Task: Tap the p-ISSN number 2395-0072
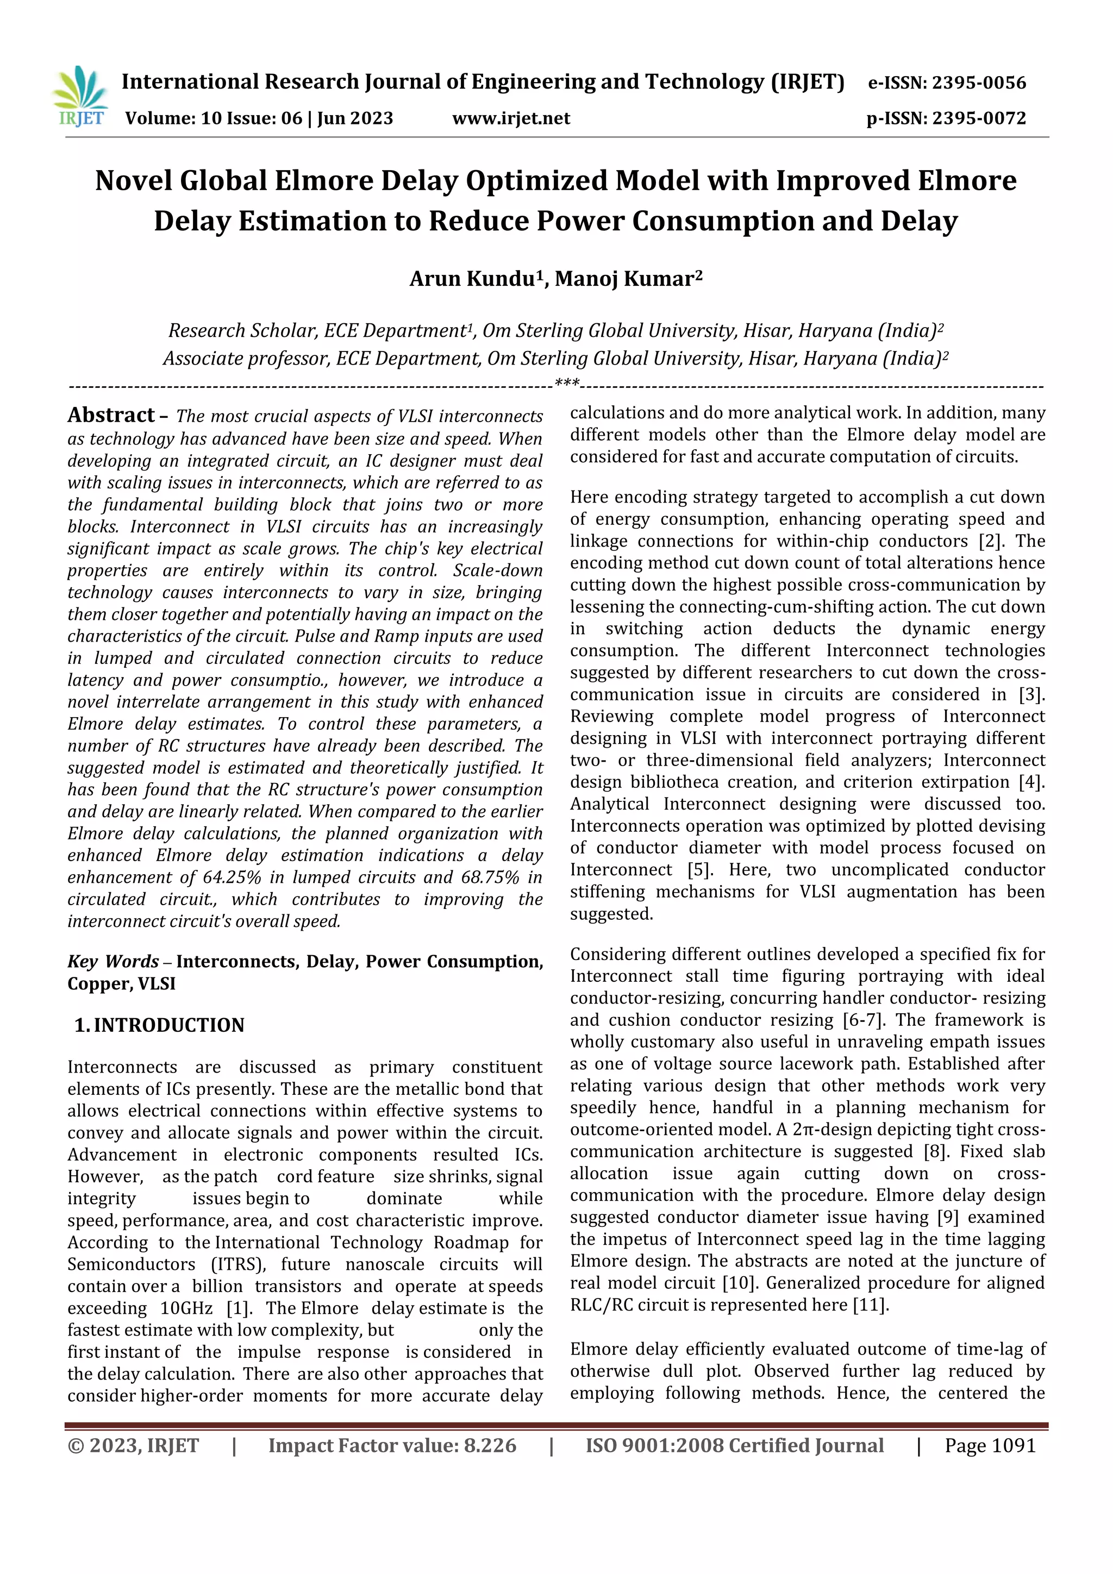pos(979,118)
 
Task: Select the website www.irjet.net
pos(511,118)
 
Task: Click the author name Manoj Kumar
pos(624,279)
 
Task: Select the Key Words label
pos(112,961)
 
